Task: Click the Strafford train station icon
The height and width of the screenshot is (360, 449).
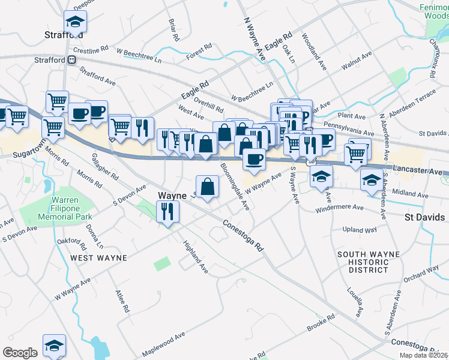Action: point(71,59)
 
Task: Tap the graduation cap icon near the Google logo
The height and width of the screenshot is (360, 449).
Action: point(54,346)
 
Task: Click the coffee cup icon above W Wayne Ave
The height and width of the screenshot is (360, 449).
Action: point(254,158)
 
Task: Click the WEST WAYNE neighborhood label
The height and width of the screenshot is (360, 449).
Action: point(98,257)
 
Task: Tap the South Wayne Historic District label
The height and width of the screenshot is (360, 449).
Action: point(368,262)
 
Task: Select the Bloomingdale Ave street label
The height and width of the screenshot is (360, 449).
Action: point(235,187)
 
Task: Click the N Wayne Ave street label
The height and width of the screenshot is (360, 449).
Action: point(254,37)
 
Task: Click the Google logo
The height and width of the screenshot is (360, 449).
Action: point(20,353)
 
